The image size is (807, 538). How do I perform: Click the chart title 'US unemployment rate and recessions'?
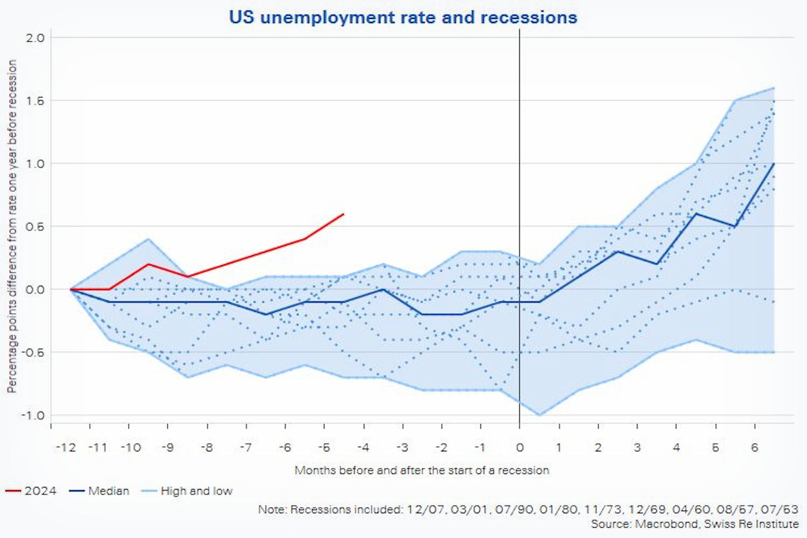[403, 17]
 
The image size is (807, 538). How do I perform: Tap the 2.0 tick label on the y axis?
[35, 38]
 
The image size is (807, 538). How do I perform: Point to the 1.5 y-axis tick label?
[35, 101]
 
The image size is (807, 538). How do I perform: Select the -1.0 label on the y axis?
[33, 415]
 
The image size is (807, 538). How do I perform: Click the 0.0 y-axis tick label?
[35, 289]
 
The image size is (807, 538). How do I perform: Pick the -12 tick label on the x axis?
[66, 448]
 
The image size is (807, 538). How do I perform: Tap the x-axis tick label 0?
[520, 448]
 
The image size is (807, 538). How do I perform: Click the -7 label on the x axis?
[245, 448]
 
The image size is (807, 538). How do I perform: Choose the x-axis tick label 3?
[637, 448]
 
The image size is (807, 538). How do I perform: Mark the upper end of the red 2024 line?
[343, 214]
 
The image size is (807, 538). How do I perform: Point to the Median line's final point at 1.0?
[774, 164]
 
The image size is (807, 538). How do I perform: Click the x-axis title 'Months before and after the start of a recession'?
[422, 471]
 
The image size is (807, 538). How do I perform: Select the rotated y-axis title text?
[12, 226]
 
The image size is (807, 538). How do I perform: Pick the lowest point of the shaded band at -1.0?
[540, 415]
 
